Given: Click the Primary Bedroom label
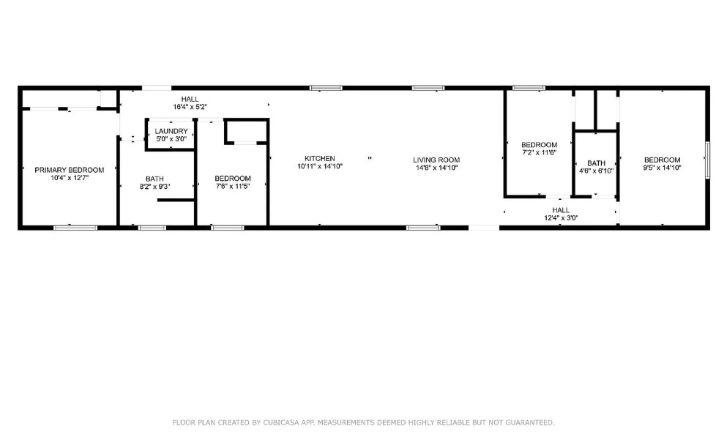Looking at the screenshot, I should click(x=70, y=170).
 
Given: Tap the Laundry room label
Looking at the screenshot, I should click(x=171, y=131).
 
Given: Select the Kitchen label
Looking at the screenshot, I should click(x=320, y=159).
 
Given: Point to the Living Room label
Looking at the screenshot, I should click(x=436, y=160).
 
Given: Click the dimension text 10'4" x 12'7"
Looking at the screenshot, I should click(x=70, y=178).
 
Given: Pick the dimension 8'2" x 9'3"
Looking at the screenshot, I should click(x=154, y=187).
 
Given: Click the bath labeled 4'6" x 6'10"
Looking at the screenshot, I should click(x=596, y=163).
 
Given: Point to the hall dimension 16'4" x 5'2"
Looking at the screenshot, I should click(x=190, y=107).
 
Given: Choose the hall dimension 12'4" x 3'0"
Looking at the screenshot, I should click(x=561, y=217).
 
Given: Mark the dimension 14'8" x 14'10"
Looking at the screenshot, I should click(x=436, y=168).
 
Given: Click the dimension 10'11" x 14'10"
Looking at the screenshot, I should click(x=320, y=166).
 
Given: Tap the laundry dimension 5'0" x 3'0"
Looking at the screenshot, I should click(x=171, y=138).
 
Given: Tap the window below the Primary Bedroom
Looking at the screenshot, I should click(x=75, y=228).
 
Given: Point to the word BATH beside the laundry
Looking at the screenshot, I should click(x=154, y=179).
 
